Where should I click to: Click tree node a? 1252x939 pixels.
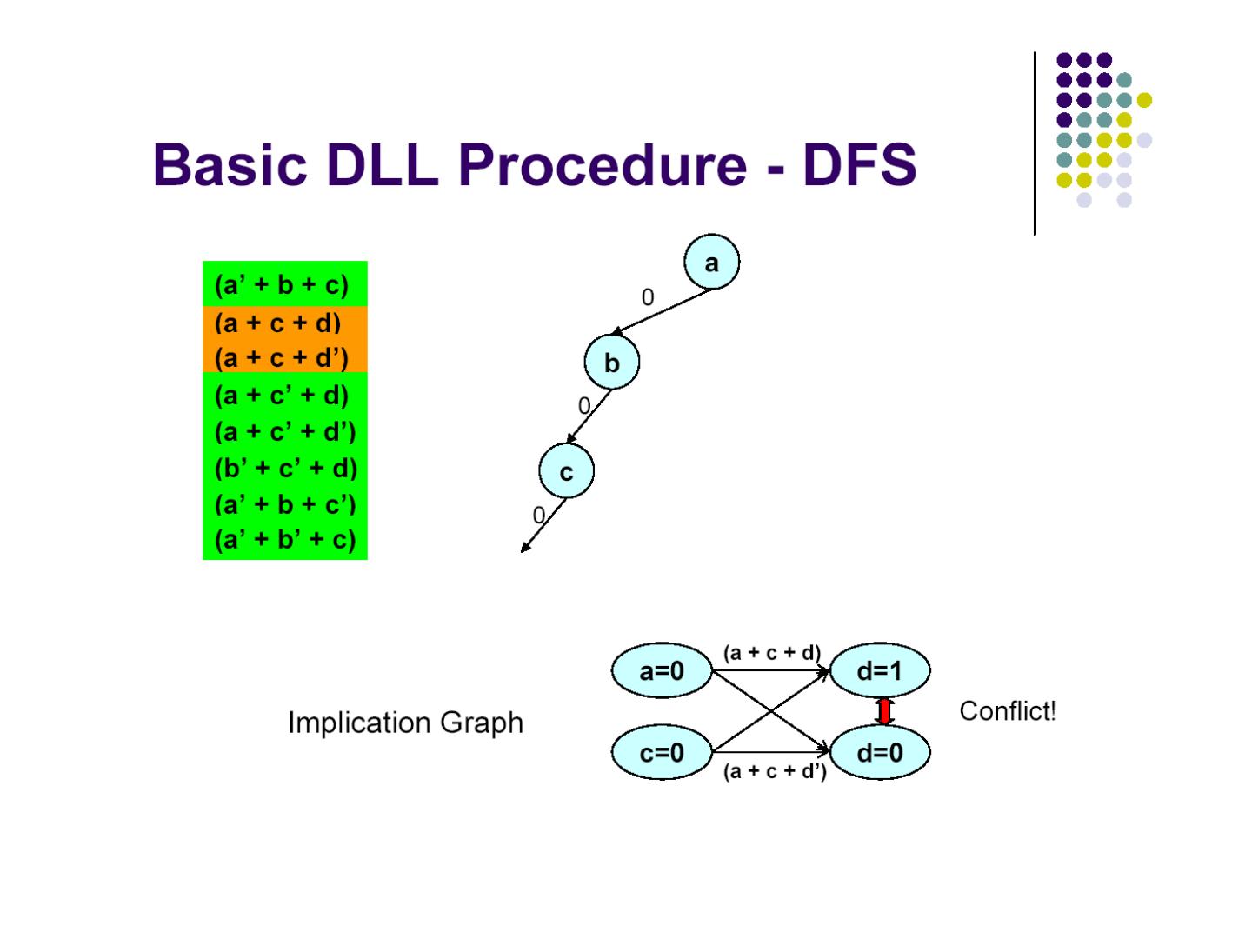coord(711,262)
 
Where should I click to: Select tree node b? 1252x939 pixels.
coord(611,363)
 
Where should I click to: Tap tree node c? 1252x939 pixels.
coord(566,471)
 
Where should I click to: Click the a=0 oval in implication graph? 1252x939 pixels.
coord(662,671)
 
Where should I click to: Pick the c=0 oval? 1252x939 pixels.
coord(662,753)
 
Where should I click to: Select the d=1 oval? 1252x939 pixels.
coord(880,671)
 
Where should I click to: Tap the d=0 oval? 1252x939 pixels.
coord(880,753)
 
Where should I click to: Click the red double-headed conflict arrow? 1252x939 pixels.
coord(885,711)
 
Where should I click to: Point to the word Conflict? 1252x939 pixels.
coord(1007,711)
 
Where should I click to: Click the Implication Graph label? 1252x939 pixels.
coord(405,723)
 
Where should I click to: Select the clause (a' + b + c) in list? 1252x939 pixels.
coord(281,285)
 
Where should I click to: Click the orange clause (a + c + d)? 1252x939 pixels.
coord(277,323)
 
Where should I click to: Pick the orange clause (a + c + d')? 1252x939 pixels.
coord(281,357)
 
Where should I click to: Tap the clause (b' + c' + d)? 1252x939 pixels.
coord(285,468)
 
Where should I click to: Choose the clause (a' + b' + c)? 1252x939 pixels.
coord(285,540)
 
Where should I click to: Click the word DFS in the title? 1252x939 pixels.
coord(859,164)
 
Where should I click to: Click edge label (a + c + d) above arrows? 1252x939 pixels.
coord(771,653)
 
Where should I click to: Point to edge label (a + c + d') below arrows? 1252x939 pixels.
coord(775,771)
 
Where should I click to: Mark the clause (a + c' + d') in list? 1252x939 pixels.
coord(285,431)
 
